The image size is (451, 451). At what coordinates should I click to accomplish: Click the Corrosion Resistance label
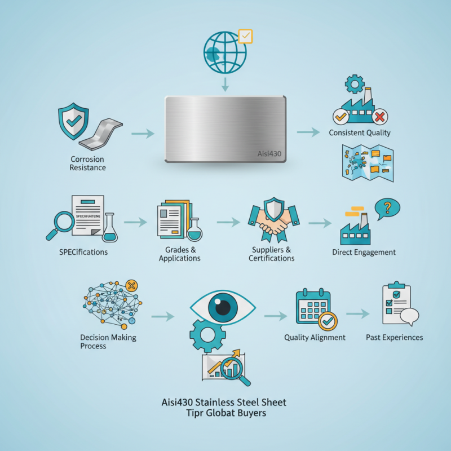point(88,163)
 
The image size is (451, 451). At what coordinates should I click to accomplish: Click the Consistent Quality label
point(360,133)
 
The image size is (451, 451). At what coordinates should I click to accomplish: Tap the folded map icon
point(367,162)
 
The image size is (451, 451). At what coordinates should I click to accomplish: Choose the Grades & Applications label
point(179,254)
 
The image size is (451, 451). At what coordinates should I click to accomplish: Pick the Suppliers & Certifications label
point(271,254)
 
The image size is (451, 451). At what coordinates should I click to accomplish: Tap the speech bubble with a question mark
point(387,209)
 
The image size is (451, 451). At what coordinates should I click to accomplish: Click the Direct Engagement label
point(364,252)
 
